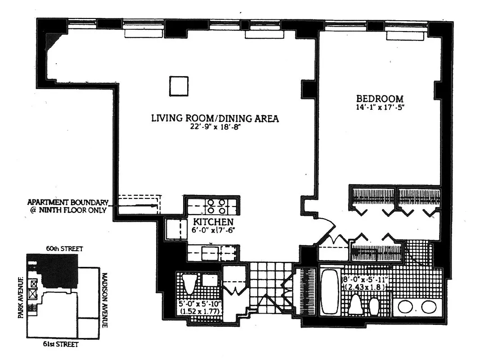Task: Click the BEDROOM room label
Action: tap(380, 99)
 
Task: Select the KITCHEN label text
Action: tap(213, 221)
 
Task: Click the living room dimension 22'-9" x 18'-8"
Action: tap(215, 127)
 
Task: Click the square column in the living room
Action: tap(178, 86)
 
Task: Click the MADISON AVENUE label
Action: tap(104, 300)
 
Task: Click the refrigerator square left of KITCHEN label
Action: tap(173, 229)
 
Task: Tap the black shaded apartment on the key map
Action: tap(58, 270)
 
